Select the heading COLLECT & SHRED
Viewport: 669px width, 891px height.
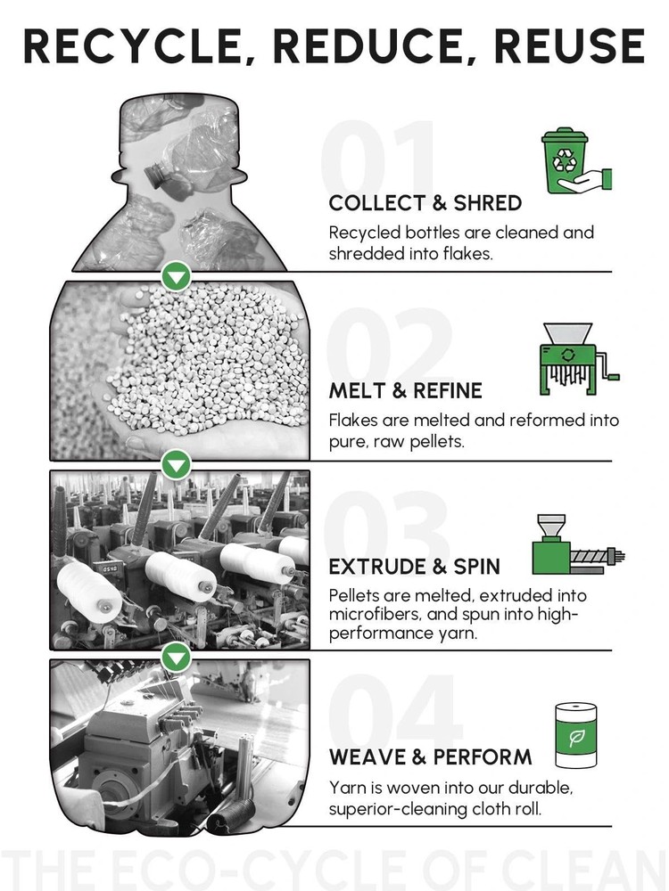pyautogui.click(x=425, y=203)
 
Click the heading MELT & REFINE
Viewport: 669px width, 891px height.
pyautogui.click(x=405, y=390)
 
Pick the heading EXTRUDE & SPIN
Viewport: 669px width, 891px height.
pyautogui.click(x=414, y=567)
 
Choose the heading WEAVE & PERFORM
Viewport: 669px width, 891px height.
pyautogui.click(x=430, y=756)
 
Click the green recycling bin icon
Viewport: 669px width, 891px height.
pyautogui.click(x=576, y=160)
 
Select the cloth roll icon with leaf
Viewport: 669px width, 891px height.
pyautogui.click(x=576, y=736)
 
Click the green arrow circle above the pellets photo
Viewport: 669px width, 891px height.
pyautogui.click(x=177, y=277)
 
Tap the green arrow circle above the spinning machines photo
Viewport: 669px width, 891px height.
pyautogui.click(x=177, y=465)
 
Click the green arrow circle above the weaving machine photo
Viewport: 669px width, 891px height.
pyautogui.click(x=177, y=658)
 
